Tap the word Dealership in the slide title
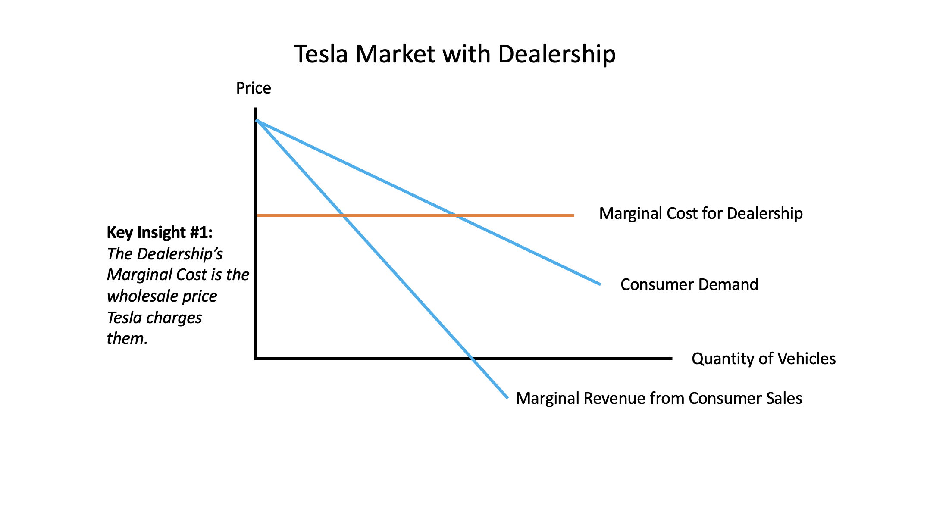[x=557, y=55]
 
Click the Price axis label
[x=254, y=88]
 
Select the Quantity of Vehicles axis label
[x=764, y=359]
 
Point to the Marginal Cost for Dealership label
[x=701, y=214]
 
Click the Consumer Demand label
[x=689, y=284]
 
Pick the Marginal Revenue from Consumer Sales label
[x=659, y=398]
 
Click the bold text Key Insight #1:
[x=160, y=233]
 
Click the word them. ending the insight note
[x=127, y=338]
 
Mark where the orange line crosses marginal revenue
[x=343, y=215]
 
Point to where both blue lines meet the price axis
[x=257, y=120]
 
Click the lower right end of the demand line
[x=600, y=284]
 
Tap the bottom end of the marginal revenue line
[x=508, y=398]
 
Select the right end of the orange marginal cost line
[x=574, y=215]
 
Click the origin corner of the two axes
[x=256, y=358]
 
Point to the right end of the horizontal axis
[x=672, y=358]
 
